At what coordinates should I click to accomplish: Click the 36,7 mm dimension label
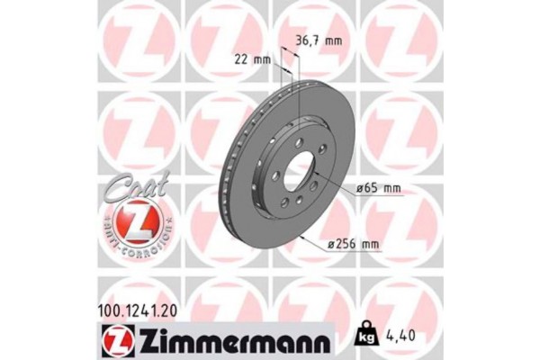(320, 40)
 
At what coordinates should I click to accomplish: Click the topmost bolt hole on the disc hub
(297, 143)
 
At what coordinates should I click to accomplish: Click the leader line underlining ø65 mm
(378, 196)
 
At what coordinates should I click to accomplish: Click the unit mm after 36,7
(335, 40)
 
